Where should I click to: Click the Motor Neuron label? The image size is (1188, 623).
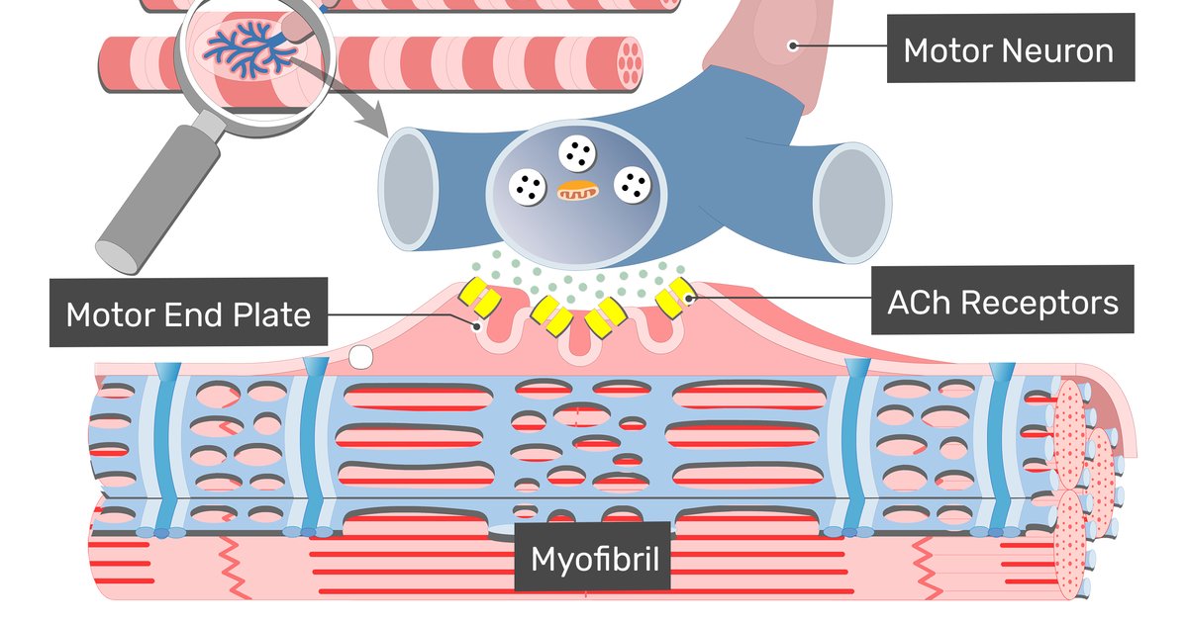pos(1008,48)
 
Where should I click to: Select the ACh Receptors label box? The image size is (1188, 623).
pos(1003,301)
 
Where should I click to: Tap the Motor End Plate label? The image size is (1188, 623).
pos(188,313)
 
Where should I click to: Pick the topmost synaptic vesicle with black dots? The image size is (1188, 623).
pos(576,153)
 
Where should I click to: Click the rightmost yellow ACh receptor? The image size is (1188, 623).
pos(676,296)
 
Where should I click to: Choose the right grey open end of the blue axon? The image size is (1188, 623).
pos(850,203)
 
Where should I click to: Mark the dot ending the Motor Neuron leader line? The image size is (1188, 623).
pos(792,44)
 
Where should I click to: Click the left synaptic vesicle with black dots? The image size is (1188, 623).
pos(528,185)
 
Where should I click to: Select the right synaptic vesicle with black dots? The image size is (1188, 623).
pos(633,184)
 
